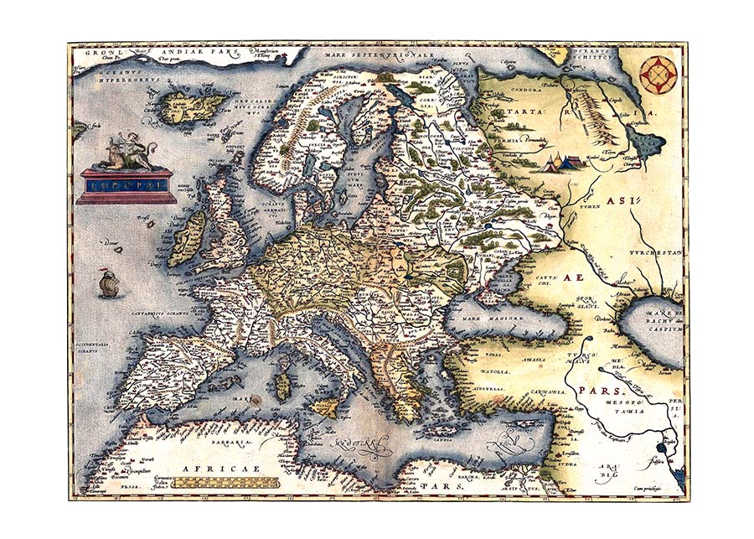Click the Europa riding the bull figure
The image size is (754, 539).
[x=123, y=151]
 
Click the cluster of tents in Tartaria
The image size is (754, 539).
[x=559, y=161]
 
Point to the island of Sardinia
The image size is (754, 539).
[x=284, y=387]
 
